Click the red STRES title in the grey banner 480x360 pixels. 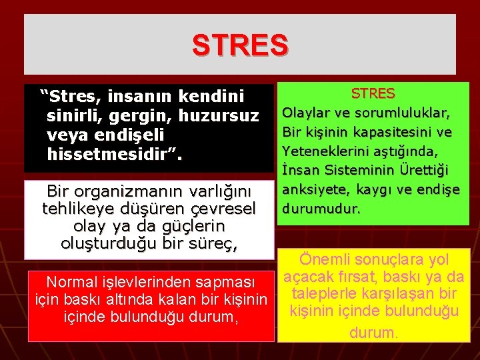coord(240,45)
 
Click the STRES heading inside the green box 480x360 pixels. coord(373,93)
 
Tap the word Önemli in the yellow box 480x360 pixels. coord(325,259)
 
